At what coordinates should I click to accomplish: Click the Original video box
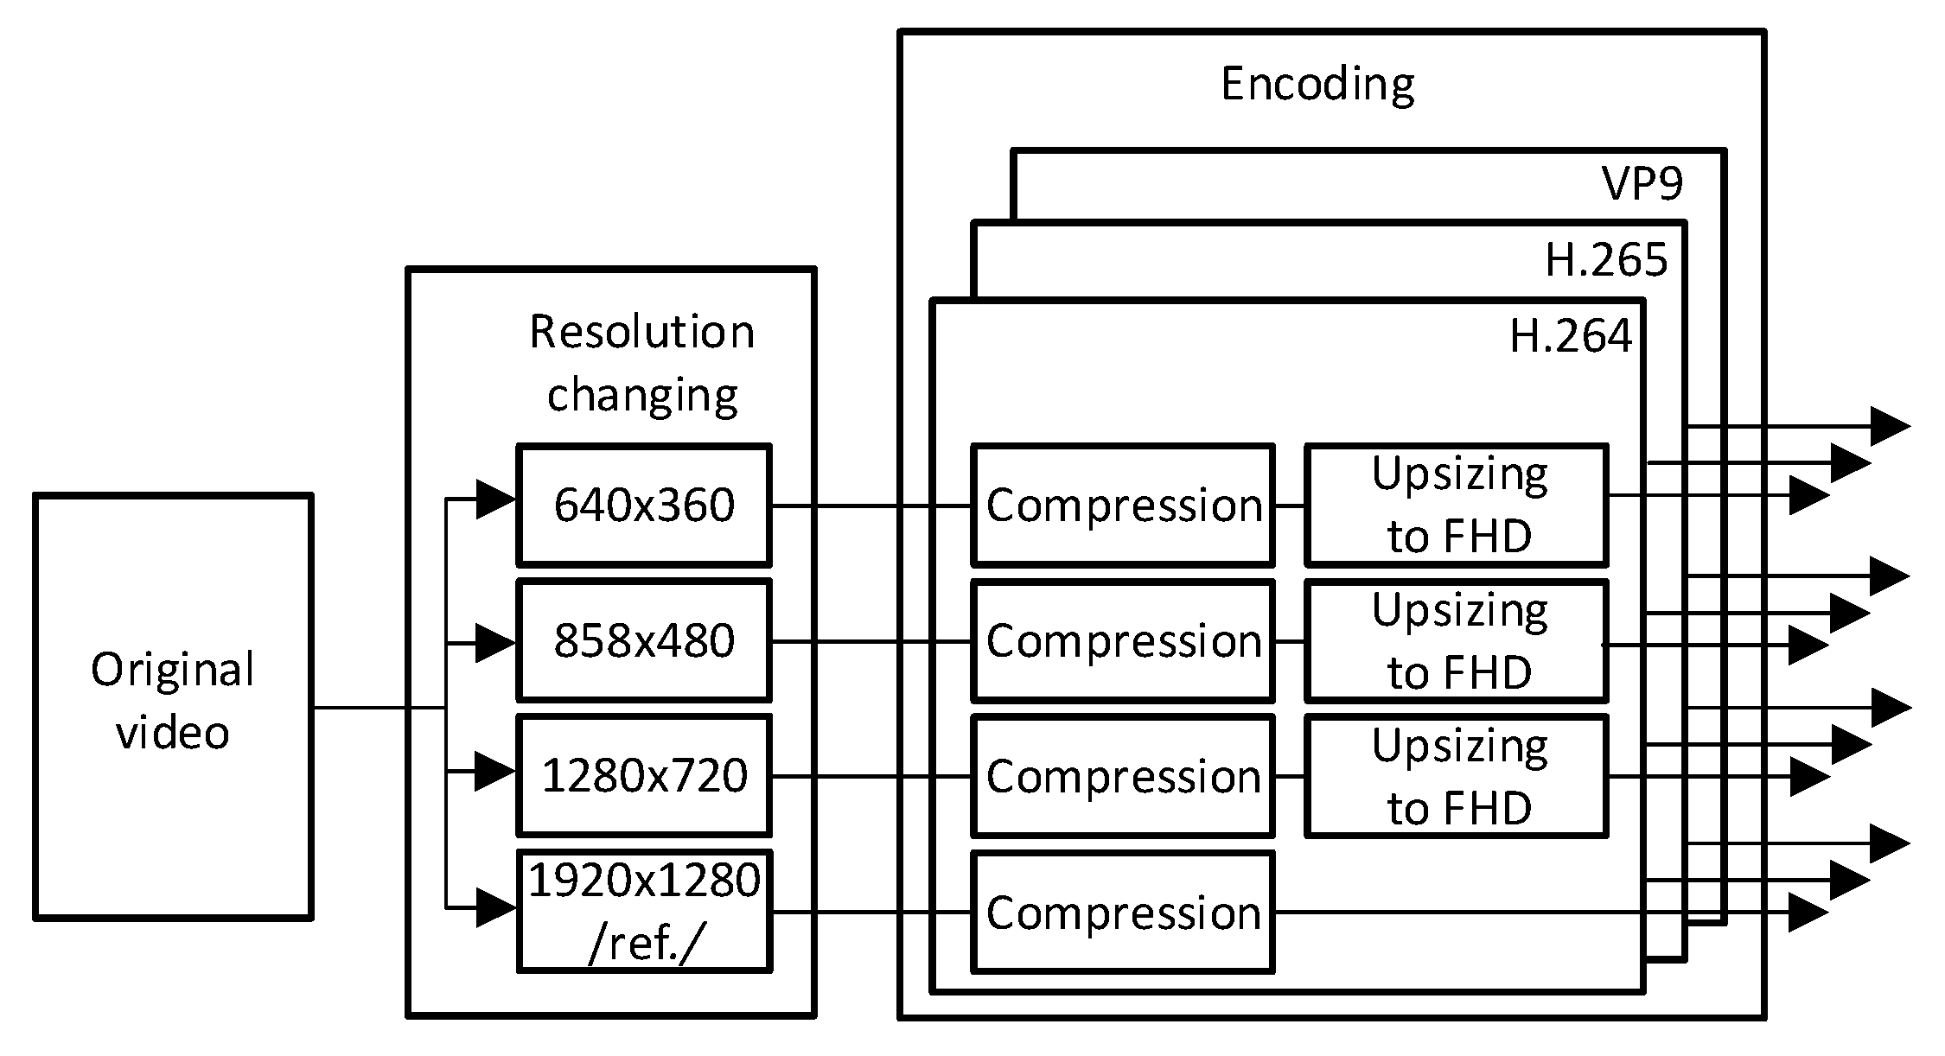[173, 706]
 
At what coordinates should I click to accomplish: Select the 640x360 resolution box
[643, 505]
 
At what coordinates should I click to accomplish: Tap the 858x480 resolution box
[643, 640]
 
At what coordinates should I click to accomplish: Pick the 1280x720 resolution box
[643, 775]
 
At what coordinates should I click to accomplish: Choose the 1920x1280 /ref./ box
[643, 911]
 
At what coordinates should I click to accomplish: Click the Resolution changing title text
[641, 363]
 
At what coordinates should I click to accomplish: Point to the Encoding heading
[1317, 85]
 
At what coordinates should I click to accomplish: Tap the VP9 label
[1642, 183]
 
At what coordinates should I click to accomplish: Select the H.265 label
[1606, 259]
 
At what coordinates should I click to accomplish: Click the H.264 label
[1570, 335]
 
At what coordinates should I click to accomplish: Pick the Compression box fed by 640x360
[1123, 505]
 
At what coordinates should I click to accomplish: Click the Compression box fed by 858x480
[1123, 640]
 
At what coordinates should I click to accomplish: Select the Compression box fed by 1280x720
[1123, 775]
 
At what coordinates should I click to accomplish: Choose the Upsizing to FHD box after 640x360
[1457, 505]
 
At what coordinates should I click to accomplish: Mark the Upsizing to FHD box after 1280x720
[1457, 775]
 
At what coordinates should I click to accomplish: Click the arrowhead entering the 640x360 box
[495, 499]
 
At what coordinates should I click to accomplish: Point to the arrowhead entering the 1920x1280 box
[495, 908]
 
